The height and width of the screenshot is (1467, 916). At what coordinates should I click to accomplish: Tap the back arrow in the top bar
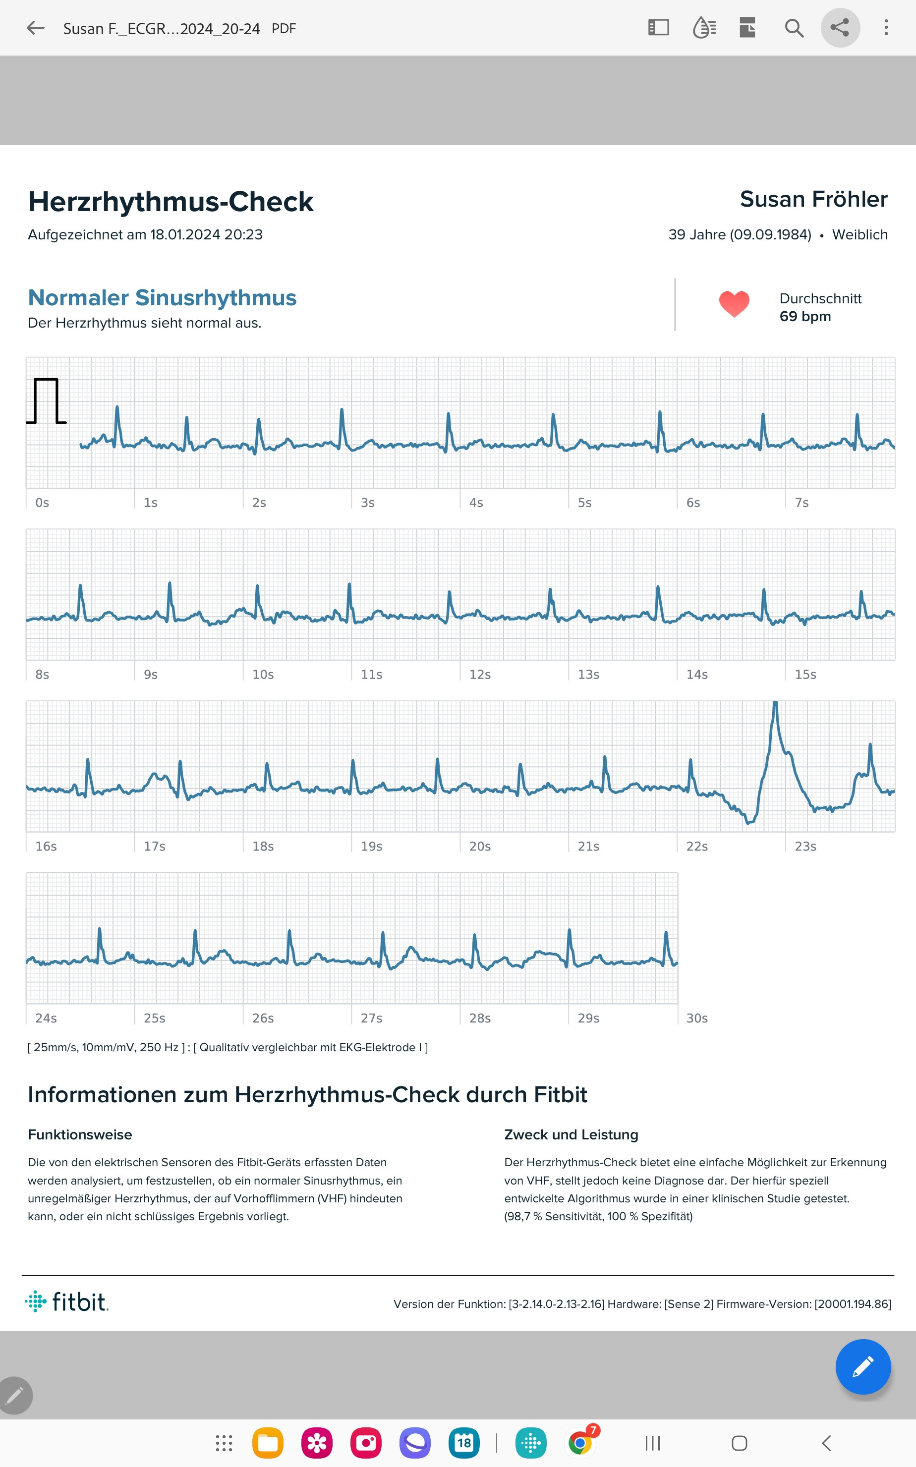tap(36, 28)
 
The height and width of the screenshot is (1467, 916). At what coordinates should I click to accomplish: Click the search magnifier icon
tap(794, 28)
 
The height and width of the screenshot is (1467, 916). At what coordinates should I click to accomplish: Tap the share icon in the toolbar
tap(840, 28)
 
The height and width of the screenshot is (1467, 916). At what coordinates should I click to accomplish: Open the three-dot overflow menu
tap(886, 28)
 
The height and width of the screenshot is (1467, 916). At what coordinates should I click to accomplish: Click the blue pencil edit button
tap(862, 1366)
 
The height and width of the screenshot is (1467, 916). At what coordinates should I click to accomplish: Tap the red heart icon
tap(734, 304)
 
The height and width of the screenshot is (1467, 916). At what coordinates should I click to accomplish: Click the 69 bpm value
tap(804, 317)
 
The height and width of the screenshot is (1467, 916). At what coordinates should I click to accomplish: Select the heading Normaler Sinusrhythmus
tap(163, 298)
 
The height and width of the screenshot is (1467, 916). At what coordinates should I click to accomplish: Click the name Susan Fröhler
tap(813, 199)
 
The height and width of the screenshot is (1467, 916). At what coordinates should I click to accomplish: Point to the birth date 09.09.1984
tap(770, 235)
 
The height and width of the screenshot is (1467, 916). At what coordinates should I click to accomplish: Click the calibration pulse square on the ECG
tap(46, 401)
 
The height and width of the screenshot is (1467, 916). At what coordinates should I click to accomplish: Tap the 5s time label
tap(584, 503)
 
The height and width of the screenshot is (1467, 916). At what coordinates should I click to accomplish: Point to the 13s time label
tap(588, 675)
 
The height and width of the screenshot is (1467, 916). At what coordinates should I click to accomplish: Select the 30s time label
tap(697, 1018)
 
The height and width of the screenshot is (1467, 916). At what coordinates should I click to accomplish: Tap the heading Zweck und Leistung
tap(571, 1134)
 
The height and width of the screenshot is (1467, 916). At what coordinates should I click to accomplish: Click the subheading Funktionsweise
tap(80, 1134)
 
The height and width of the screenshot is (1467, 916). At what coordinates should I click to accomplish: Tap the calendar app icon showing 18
tap(464, 1443)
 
